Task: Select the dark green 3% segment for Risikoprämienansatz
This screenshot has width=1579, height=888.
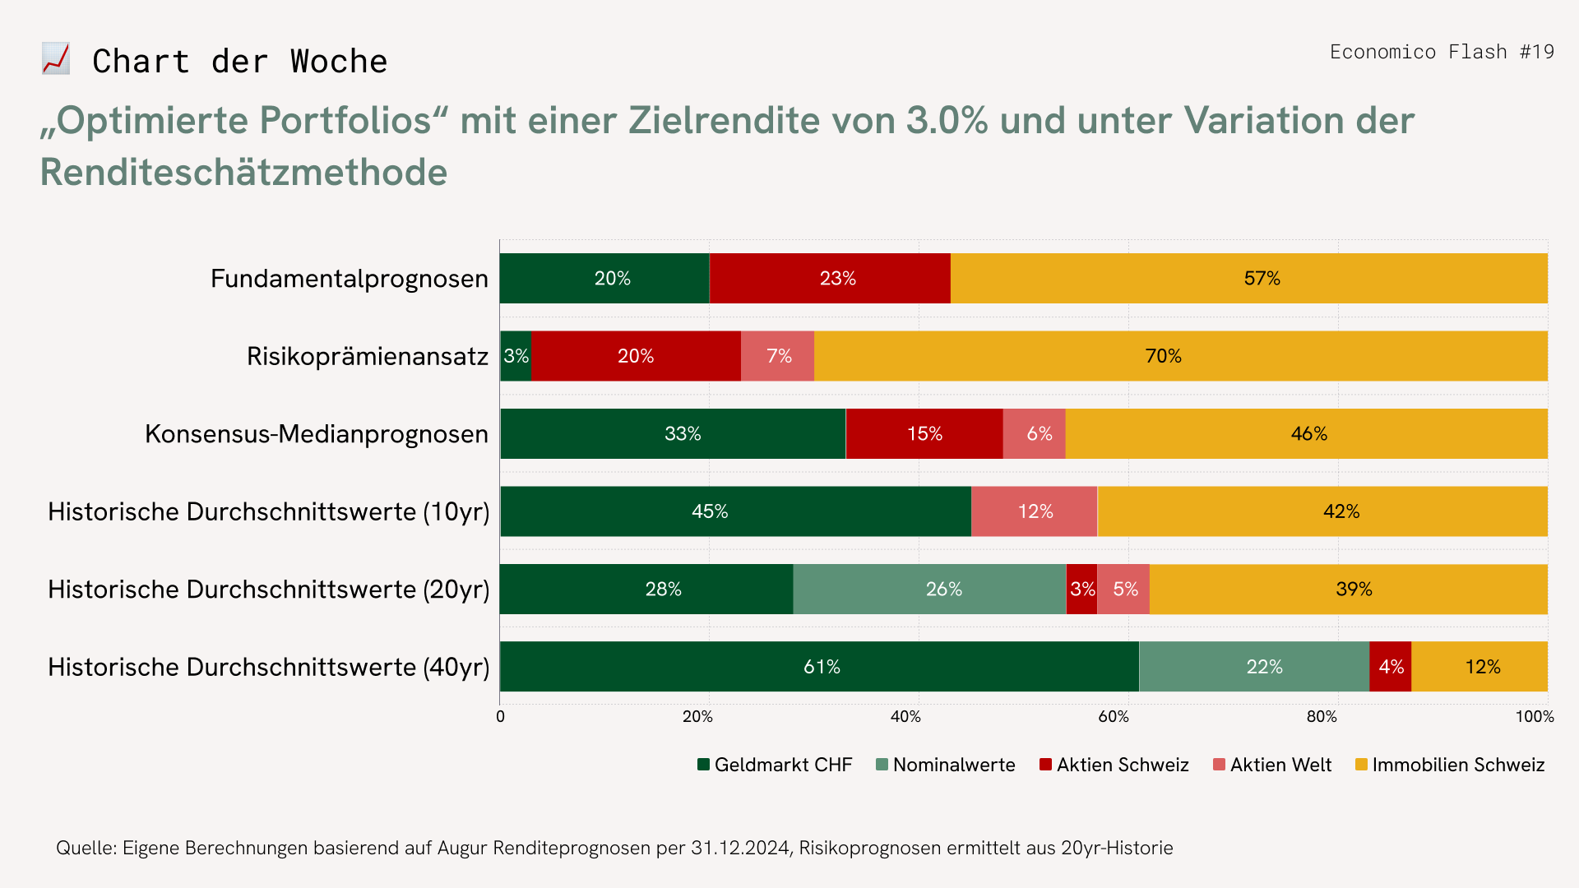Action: [x=516, y=356]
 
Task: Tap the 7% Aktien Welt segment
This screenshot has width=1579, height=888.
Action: [x=778, y=356]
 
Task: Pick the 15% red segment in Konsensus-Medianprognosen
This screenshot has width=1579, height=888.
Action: [x=924, y=434]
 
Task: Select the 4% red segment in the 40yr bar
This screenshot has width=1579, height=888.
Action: [x=1391, y=667]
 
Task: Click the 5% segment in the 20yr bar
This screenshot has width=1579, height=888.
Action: [x=1123, y=590]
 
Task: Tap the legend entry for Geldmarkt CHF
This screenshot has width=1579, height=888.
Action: [x=775, y=765]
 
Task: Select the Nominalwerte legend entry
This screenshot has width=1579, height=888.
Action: [x=946, y=765]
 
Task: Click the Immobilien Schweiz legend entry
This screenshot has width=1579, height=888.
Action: [x=1450, y=765]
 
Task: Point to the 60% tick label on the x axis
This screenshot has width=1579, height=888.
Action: [x=1114, y=717]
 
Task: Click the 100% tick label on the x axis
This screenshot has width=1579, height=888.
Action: [x=1535, y=717]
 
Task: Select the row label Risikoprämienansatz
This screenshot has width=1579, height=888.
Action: [x=367, y=357]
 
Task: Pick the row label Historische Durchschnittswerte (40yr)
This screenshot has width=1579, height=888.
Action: [x=268, y=667]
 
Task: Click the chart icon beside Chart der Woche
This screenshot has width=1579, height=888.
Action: [x=56, y=60]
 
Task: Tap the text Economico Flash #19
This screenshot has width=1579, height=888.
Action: [x=1442, y=52]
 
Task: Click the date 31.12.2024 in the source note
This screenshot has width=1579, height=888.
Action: [x=740, y=849]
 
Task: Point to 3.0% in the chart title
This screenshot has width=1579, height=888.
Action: [x=947, y=120]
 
